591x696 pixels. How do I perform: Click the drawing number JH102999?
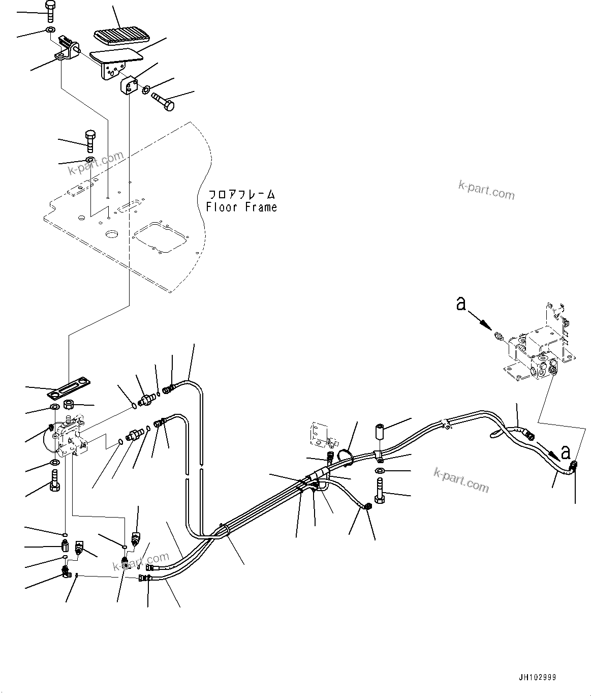tap(537, 677)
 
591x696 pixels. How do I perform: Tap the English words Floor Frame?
tap(241, 207)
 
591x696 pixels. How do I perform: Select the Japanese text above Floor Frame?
tap(242, 195)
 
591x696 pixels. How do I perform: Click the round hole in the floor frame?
tap(110, 235)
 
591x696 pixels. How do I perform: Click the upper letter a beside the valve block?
tap(461, 304)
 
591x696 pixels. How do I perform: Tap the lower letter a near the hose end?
tap(566, 451)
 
